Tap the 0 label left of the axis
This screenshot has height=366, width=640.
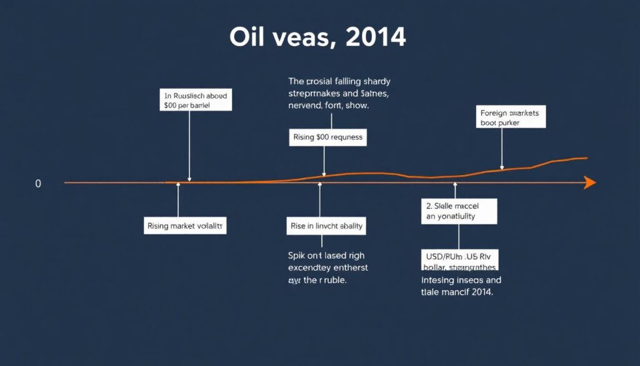(38, 184)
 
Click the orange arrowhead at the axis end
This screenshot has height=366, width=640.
(589, 183)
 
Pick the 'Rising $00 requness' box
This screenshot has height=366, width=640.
(327, 137)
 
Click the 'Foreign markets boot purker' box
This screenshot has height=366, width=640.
(511, 118)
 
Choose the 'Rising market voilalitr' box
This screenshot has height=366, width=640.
(185, 226)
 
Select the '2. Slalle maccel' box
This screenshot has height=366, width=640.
(459, 211)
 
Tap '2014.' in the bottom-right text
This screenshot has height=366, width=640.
(481, 292)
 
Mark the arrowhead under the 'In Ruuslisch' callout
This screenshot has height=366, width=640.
(189, 180)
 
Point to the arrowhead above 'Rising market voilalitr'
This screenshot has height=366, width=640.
(179, 185)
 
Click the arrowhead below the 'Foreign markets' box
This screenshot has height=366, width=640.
(502, 167)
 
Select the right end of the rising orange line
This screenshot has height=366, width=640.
(586, 158)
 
